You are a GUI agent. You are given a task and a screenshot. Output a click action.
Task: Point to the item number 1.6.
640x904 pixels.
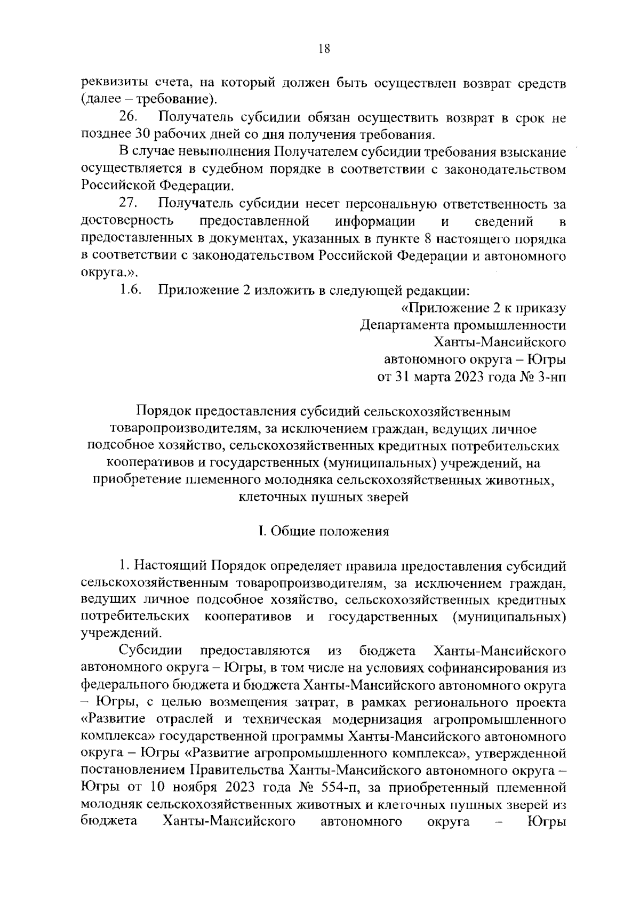[130, 291]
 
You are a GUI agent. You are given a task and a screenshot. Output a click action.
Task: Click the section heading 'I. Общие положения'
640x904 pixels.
[324, 532]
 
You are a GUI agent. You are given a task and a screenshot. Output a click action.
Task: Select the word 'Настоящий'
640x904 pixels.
[169, 566]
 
